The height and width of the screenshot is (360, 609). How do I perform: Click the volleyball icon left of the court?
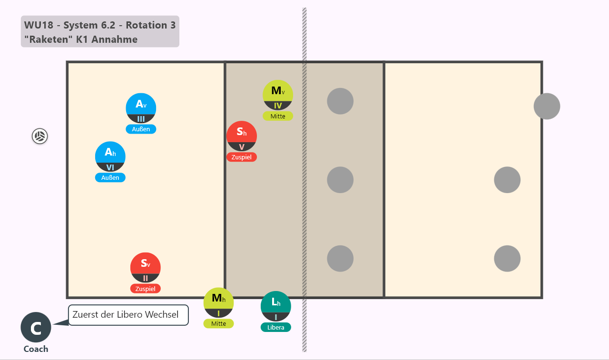39,136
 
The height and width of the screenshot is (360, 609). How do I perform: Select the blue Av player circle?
141,108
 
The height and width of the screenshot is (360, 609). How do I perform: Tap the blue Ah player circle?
110,156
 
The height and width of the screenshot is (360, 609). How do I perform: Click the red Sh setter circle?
241,136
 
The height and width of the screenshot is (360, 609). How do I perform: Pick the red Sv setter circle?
146,268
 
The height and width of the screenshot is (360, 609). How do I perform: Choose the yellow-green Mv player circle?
278,95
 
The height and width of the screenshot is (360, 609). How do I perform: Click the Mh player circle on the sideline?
218,302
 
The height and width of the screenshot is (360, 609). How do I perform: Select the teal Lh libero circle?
275,306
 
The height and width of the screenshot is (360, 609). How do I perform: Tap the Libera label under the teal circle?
275,327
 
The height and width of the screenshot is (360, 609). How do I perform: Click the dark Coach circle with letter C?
36,327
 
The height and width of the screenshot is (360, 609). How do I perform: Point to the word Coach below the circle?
36,349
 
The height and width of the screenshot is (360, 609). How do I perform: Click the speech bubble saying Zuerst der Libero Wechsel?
128,315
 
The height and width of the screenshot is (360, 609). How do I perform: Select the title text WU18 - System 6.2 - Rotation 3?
100,25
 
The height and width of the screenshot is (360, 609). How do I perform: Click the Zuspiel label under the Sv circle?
146,289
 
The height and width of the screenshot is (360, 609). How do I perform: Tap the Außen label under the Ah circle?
110,177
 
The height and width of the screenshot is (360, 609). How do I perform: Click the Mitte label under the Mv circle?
278,117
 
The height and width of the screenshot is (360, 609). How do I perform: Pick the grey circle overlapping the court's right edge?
547,106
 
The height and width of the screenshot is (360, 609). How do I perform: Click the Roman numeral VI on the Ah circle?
110,167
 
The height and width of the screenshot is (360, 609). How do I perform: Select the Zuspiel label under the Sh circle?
241,157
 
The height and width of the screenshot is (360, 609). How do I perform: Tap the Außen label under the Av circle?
141,129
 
